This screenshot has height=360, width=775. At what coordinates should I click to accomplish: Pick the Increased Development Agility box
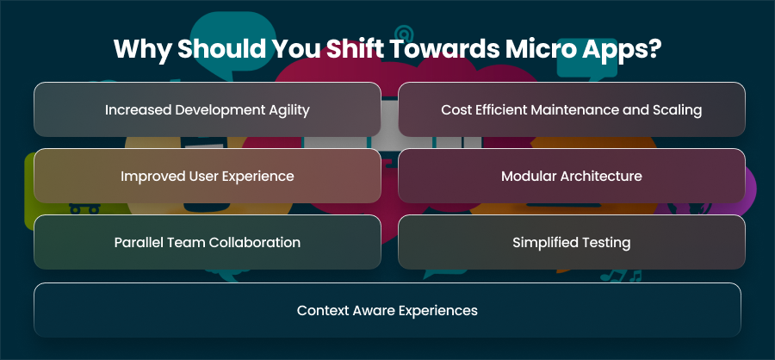207,109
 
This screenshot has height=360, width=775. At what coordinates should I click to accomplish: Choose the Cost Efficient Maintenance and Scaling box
572,109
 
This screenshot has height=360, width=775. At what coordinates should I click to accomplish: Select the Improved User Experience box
207,176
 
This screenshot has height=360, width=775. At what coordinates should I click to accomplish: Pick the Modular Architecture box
572,176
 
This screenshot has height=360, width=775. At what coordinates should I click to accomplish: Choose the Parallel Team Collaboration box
207,242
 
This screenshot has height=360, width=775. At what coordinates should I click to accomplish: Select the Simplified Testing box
572,242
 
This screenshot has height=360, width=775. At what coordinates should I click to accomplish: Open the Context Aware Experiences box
387,310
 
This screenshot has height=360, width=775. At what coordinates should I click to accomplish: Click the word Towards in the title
443,48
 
